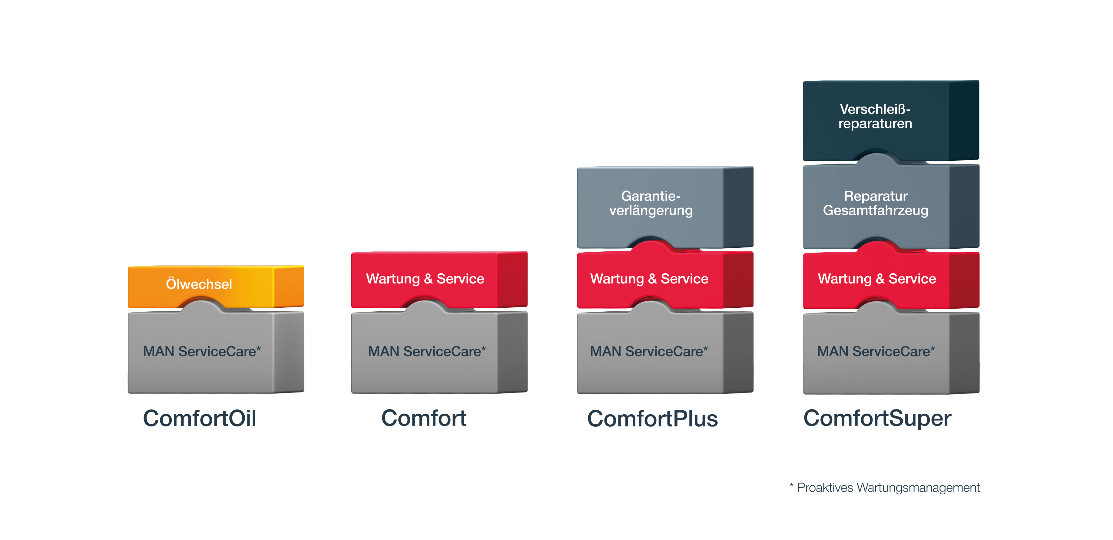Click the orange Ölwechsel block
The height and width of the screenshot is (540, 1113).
[216, 286]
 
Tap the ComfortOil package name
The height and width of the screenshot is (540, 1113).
[200, 418]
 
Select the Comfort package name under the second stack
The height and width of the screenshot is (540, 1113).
[423, 418]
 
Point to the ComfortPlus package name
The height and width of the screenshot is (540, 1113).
[652, 419]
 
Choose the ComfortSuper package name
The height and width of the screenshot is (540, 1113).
[877, 418]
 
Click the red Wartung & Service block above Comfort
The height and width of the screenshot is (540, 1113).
[439, 279]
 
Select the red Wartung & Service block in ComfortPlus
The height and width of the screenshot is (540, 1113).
[665, 279]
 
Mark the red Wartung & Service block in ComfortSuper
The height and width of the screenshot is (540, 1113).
[891, 279]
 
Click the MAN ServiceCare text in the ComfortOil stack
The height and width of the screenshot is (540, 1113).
[202, 351]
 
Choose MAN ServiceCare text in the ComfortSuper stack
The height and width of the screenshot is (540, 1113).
[876, 351]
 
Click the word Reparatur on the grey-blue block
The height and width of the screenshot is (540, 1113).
[876, 196]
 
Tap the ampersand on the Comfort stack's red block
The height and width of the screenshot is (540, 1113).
[428, 279]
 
